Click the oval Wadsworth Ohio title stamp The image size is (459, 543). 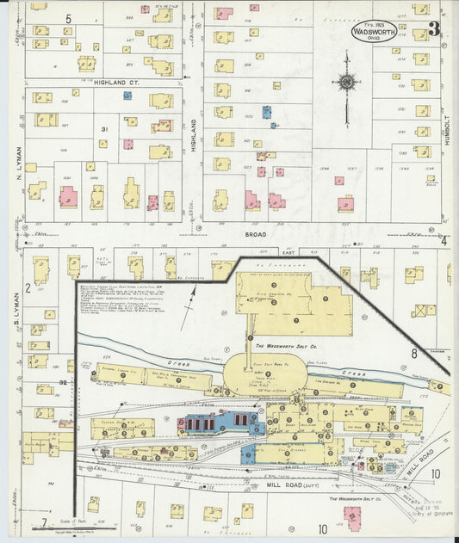click(x=373, y=31)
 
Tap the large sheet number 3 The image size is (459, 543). click(x=435, y=28)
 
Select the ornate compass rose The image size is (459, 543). click(x=347, y=83)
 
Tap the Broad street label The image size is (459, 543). click(x=255, y=233)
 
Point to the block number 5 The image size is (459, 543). click(x=68, y=18)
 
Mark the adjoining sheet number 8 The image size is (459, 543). click(x=413, y=353)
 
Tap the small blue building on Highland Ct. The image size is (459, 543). click(x=127, y=96)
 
